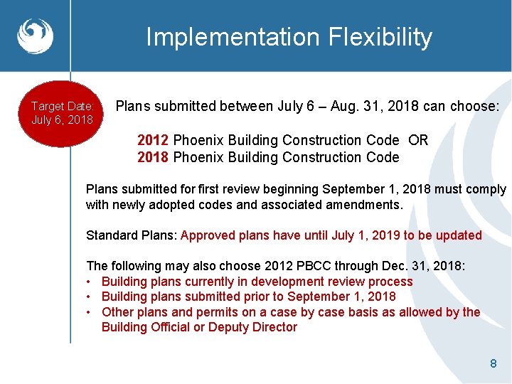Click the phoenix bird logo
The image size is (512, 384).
coord(35,36)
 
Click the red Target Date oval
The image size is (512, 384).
coord(63,113)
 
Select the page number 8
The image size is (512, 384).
coord(493,364)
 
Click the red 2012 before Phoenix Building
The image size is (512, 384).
coord(153,140)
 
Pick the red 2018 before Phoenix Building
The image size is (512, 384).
coord(153,157)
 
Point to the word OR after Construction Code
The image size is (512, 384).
coord(418,140)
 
